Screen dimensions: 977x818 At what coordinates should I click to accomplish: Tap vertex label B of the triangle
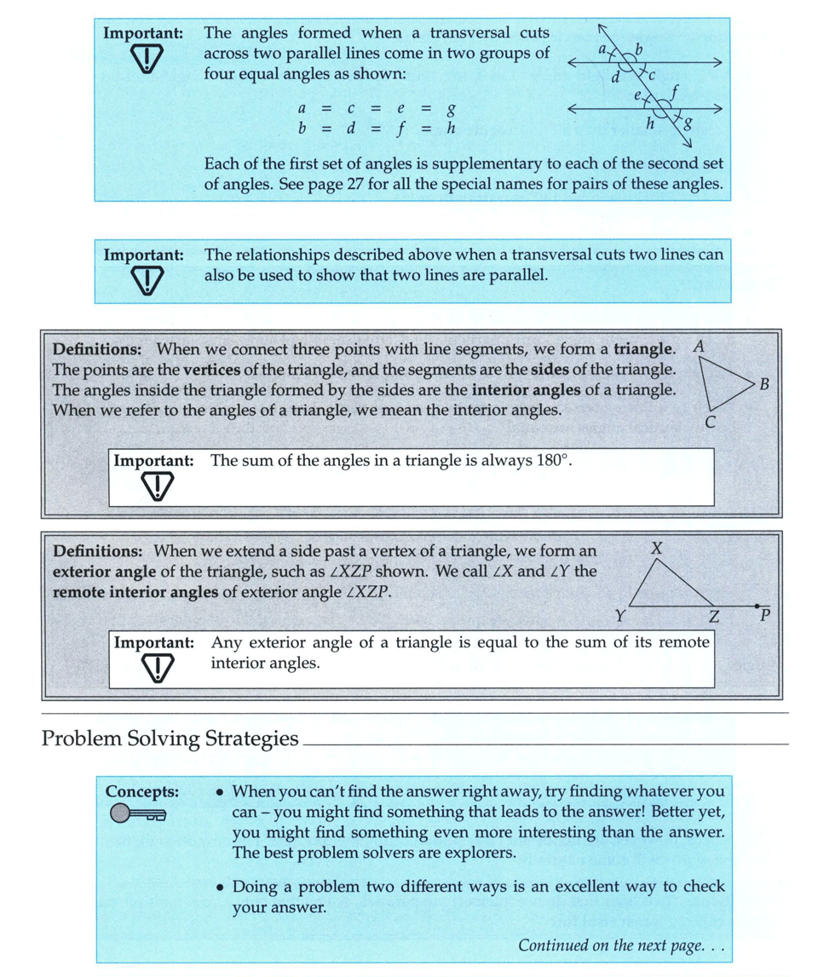[764, 384]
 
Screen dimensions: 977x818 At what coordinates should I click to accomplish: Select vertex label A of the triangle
[699, 348]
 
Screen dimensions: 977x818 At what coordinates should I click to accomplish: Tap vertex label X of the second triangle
[656, 549]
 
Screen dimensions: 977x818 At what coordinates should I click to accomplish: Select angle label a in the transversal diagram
[601, 50]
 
